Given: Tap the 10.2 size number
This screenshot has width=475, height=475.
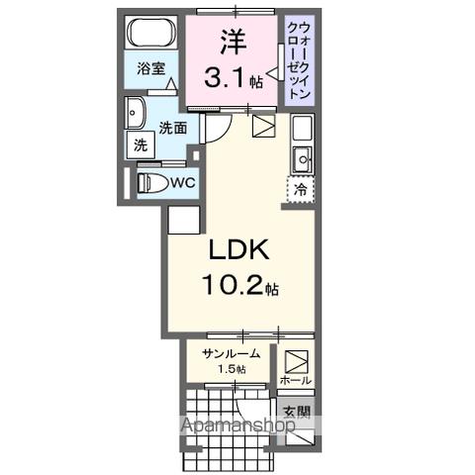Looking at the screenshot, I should [x=234, y=288].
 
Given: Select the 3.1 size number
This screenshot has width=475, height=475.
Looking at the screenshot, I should [x=227, y=80].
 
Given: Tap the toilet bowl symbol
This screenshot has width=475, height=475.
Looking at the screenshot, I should [x=151, y=183].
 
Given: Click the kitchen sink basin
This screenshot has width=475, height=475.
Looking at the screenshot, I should [x=302, y=155].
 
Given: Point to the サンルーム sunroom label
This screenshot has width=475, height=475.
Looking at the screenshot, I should [x=230, y=354].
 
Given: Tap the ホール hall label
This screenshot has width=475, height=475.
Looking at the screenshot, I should [x=296, y=380].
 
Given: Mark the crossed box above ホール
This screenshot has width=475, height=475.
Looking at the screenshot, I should [x=296, y=359].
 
